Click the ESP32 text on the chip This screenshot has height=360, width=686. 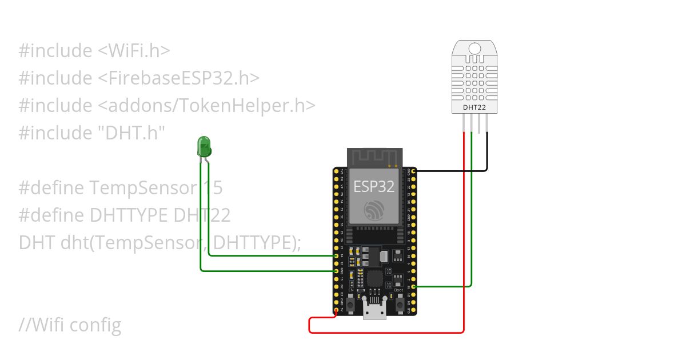(x=374, y=186)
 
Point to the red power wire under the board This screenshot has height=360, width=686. (x=389, y=332)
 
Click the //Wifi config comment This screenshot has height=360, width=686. (x=70, y=325)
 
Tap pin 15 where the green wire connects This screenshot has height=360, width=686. (x=413, y=286)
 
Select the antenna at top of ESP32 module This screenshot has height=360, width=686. (x=375, y=157)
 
